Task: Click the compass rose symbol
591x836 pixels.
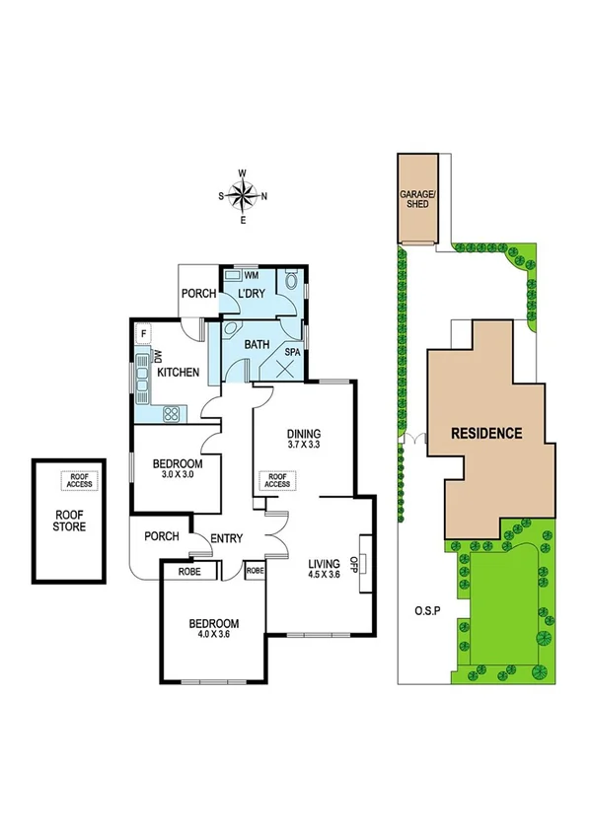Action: tap(243, 194)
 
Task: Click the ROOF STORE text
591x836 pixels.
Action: tap(69, 520)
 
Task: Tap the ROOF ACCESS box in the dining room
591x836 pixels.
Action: tap(276, 479)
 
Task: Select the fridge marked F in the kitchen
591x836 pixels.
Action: tap(143, 334)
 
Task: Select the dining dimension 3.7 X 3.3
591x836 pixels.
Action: tap(304, 446)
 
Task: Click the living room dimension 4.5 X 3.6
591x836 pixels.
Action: tap(325, 575)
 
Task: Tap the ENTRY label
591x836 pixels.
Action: tap(228, 537)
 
